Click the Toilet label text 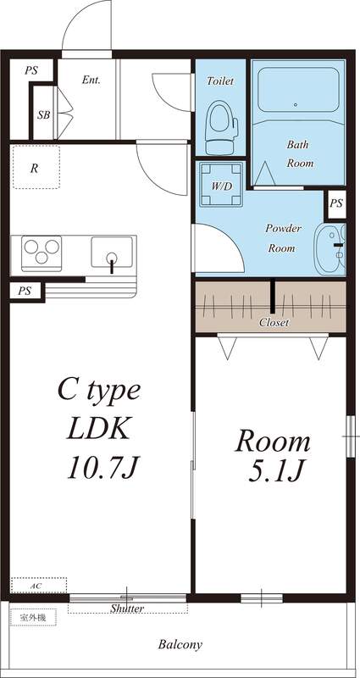(x=220, y=81)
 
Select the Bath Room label (x=300, y=153)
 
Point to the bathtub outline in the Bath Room (x=296, y=90)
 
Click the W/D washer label (x=222, y=186)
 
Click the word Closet (x=274, y=323)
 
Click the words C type (x=99, y=392)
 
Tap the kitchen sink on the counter (x=111, y=253)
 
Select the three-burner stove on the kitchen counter (x=40, y=253)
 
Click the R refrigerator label (x=34, y=169)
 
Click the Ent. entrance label (x=91, y=81)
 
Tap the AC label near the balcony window (x=37, y=586)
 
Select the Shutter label (x=127, y=609)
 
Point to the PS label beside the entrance (x=31, y=71)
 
